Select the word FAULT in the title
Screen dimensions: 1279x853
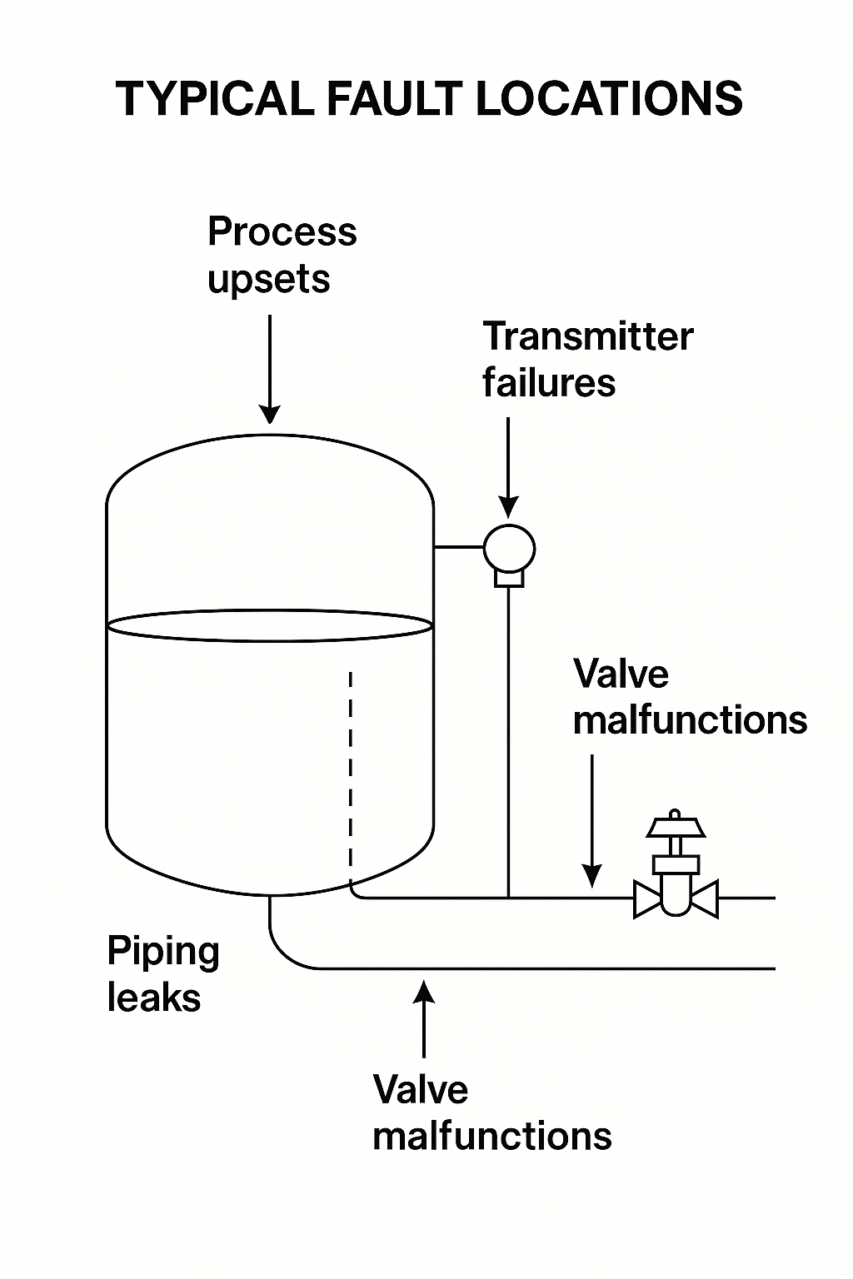[393, 99]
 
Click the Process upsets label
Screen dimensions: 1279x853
[282, 255]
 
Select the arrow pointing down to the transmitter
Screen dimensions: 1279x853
[508, 466]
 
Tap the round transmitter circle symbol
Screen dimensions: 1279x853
[509, 548]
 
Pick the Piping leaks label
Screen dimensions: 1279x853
[162, 974]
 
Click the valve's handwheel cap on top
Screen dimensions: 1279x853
[676, 826]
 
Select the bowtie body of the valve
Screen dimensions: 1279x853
[676, 899]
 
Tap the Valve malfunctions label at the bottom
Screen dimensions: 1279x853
[491, 1112]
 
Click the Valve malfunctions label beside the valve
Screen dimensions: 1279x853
[690, 697]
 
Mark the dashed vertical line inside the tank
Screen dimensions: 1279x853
[351, 774]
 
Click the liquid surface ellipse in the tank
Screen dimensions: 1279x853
[270, 625]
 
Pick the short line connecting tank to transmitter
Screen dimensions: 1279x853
[459, 547]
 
